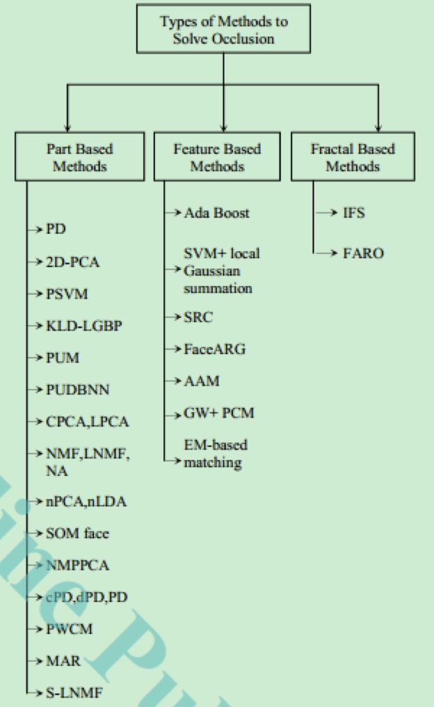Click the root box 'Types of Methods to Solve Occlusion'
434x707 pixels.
(224, 30)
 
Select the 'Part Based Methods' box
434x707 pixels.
(79, 158)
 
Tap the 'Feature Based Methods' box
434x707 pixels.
(217, 158)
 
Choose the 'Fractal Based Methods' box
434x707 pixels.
(353, 158)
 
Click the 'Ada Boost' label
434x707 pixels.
(216, 213)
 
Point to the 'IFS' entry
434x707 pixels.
(353, 213)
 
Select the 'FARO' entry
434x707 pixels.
(362, 253)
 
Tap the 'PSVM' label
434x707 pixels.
(67, 293)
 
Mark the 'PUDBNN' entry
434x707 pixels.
(77, 390)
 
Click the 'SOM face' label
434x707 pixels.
(77, 534)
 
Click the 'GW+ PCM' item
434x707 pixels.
(218, 413)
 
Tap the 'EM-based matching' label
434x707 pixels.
(214, 453)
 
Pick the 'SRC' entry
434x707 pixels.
(198, 317)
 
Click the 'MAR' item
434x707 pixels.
(63, 660)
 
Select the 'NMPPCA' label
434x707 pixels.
(77, 565)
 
